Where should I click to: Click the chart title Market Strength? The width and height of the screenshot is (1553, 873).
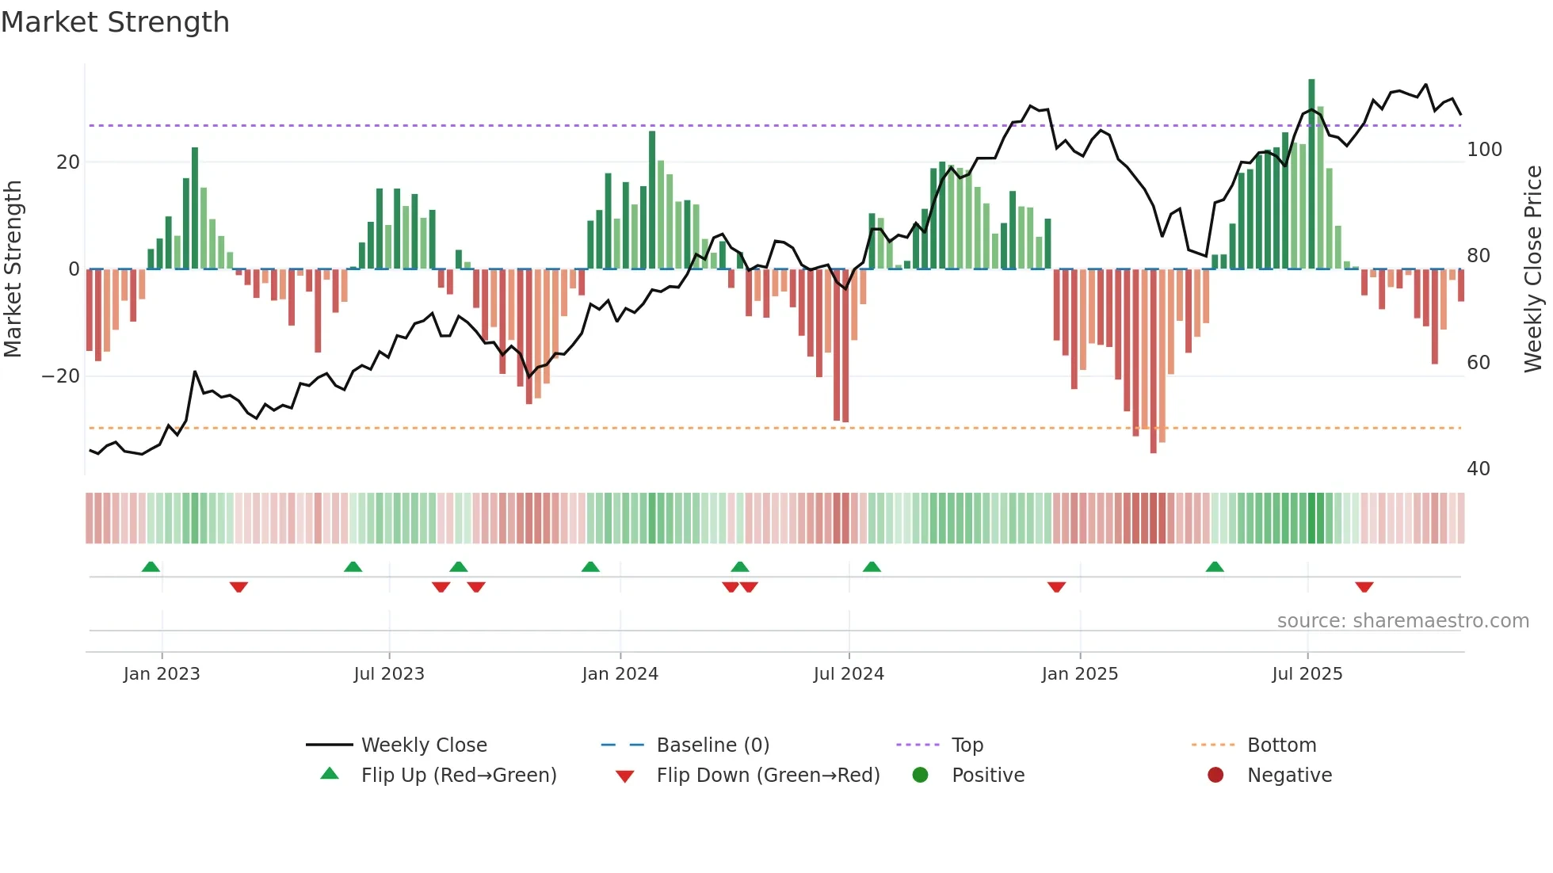[x=115, y=22]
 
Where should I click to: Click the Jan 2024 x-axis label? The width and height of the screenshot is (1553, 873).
[x=620, y=674]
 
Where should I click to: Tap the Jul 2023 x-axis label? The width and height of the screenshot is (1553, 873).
[x=389, y=674]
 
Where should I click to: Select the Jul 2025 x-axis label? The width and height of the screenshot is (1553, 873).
[x=1307, y=674]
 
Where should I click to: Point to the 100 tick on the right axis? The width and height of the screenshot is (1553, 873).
[x=1484, y=150]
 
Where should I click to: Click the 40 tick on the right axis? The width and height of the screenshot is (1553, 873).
[x=1478, y=469]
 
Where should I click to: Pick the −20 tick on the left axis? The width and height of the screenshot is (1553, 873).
[x=61, y=376]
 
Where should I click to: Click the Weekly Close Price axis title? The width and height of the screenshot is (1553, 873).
[x=1533, y=269]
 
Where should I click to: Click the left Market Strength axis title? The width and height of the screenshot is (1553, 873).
[x=13, y=269]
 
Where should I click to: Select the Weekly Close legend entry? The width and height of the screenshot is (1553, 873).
[x=424, y=745]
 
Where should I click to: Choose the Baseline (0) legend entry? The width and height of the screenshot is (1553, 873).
[x=712, y=745]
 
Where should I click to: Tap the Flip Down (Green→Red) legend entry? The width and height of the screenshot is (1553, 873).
[x=768, y=776]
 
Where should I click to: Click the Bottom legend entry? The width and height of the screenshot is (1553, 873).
[x=1281, y=745]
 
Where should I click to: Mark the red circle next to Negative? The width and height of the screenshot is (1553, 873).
[x=1215, y=775]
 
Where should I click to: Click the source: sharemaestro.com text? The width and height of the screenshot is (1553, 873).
[x=1402, y=621]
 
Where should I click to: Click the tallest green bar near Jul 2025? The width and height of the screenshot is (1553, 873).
[x=1311, y=174]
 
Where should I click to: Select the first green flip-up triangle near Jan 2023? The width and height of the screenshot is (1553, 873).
[x=151, y=566]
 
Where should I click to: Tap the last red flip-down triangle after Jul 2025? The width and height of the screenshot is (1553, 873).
[x=1364, y=587]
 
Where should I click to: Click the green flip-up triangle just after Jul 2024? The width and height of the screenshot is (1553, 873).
[x=872, y=566]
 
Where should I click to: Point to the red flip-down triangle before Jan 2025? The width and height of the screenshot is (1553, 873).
[x=1056, y=587]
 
